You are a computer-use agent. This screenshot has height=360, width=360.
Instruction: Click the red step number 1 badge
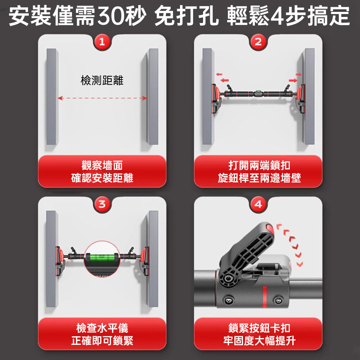[x=102, y=42]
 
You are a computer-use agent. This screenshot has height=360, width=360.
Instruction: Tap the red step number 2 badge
[x=258, y=42]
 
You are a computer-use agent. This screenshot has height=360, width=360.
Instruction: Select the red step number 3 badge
[x=102, y=204]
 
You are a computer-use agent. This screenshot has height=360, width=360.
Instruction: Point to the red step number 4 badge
[x=258, y=204]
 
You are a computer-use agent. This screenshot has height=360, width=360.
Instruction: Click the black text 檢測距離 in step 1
[x=102, y=80]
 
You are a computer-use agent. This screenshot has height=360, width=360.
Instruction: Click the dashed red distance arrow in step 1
[x=102, y=98]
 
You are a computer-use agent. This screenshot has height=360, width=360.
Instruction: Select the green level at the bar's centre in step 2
[x=258, y=93]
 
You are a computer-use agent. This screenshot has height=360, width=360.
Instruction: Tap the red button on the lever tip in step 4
[x=270, y=229]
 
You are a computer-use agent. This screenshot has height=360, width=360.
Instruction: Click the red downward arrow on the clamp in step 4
[x=265, y=297]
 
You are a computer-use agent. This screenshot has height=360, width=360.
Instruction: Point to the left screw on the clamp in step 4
[x=229, y=300]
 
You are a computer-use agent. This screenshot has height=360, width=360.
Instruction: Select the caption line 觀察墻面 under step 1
[x=102, y=165]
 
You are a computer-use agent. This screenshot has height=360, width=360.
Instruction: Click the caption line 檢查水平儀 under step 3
[x=102, y=328]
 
